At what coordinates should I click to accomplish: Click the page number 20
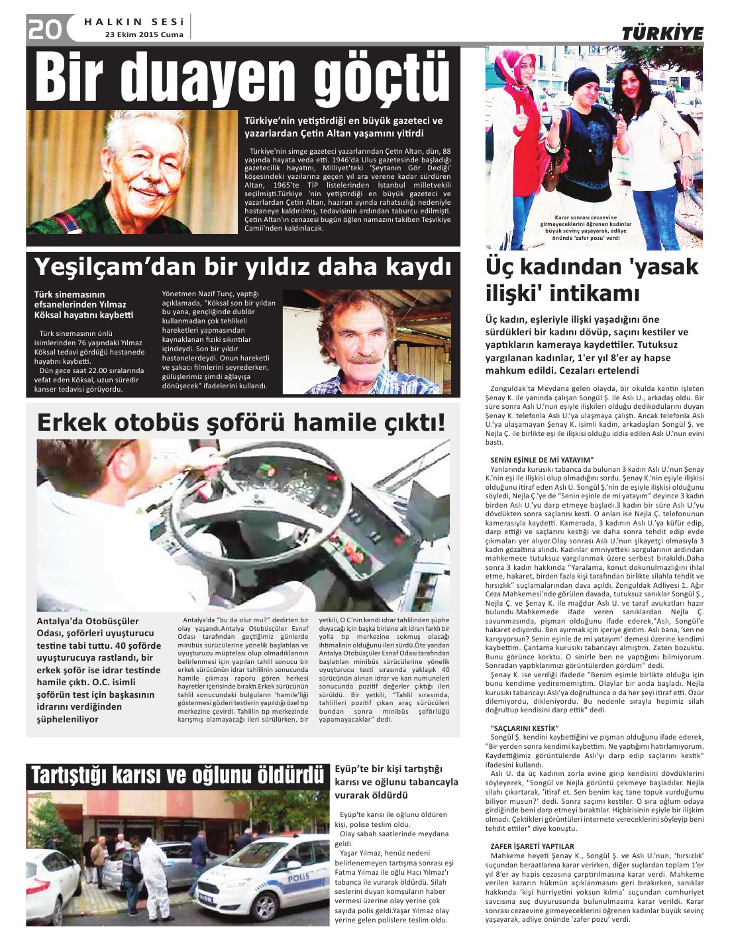tap(44, 28)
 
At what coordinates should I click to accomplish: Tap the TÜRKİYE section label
tap(662, 34)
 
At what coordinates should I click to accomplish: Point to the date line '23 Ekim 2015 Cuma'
tap(144, 36)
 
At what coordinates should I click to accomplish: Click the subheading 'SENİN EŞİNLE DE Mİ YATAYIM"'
tap(542, 459)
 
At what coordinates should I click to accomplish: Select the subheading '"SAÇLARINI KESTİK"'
tap(524, 728)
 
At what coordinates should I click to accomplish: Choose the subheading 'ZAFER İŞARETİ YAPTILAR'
tap(532, 846)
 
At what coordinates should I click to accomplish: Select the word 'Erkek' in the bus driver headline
tap(73, 422)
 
